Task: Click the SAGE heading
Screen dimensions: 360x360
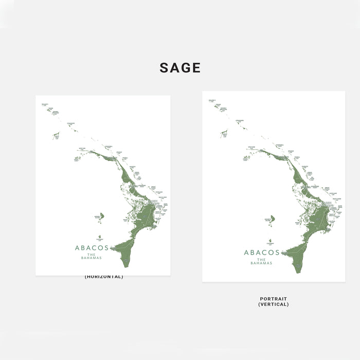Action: (x=179, y=68)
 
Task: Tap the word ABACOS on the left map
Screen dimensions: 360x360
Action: (x=92, y=247)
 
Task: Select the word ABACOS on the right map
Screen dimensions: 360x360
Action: (x=262, y=253)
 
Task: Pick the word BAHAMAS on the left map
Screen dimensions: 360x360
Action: (x=92, y=258)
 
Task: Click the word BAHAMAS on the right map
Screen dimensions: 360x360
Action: (x=262, y=263)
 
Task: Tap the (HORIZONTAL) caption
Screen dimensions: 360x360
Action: (x=104, y=277)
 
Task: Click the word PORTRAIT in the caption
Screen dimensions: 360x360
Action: (x=274, y=299)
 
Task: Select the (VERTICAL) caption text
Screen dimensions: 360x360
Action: (x=274, y=304)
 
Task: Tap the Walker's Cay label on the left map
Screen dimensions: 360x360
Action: (x=45, y=105)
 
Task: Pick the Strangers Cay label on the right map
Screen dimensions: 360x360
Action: (x=240, y=121)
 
